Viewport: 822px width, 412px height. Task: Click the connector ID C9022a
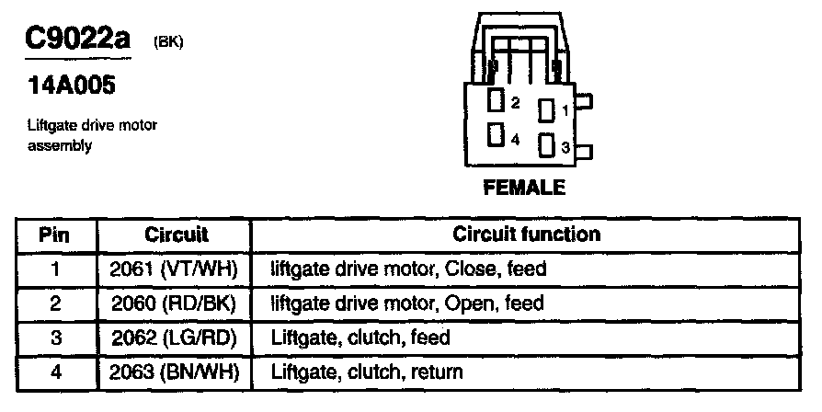77,40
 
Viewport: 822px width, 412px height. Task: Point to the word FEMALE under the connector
524,189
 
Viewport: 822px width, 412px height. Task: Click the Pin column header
55,234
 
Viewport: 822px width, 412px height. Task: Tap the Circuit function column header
527,234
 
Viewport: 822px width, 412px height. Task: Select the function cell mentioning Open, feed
407,303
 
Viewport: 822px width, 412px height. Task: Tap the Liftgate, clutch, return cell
367,372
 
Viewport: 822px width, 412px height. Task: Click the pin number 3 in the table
55,338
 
